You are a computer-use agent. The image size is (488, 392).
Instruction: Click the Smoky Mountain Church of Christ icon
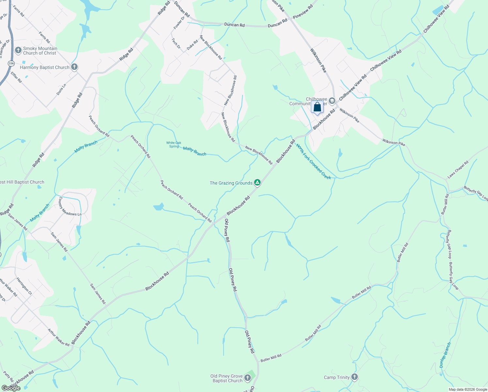coord(19,51)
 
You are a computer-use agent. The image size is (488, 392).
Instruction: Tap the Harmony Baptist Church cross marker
coord(74,67)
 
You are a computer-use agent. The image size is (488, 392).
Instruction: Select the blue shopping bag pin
coord(317,107)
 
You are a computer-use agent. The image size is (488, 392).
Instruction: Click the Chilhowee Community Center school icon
coord(332,101)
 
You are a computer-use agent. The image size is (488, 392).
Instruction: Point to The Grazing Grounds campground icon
coord(257,183)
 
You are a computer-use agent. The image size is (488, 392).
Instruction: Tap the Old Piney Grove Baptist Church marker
coord(248,378)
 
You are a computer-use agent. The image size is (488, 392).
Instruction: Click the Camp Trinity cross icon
coord(355,377)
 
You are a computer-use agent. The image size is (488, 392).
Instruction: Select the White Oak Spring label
coord(174,144)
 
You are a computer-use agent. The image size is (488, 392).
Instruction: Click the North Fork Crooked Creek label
coord(313,162)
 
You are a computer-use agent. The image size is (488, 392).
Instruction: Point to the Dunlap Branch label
coord(445,355)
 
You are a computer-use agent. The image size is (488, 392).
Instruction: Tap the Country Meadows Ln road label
coord(69,206)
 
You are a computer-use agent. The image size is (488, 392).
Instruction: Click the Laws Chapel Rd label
coord(458,170)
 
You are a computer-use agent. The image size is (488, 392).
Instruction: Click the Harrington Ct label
coord(24,286)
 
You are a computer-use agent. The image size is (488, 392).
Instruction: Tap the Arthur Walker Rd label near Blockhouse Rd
coord(59,337)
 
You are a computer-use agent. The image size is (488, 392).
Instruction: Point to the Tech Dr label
coord(176,43)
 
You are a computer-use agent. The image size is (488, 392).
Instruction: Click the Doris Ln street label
coord(61,90)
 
